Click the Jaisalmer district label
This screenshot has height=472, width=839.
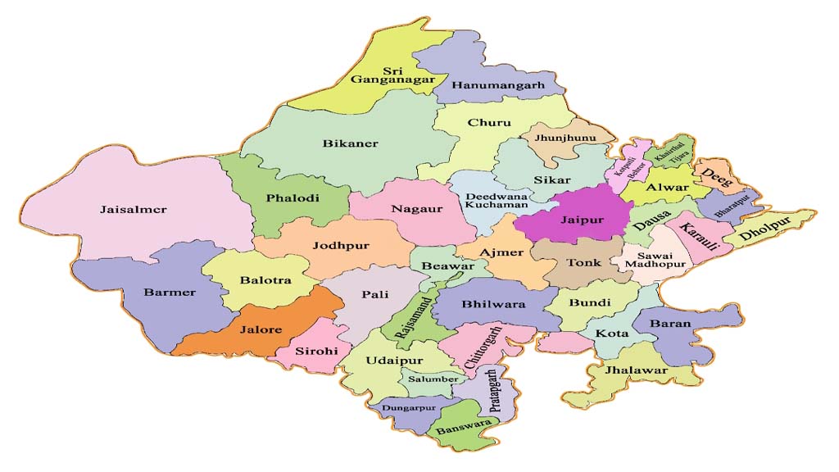[x=134, y=210]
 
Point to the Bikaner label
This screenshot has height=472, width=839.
[x=351, y=143]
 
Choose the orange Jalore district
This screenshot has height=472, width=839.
[x=262, y=329]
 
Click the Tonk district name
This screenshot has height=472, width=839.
[x=583, y=264]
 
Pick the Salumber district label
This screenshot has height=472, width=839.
[x=433, y=379]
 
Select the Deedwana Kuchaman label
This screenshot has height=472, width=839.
[x=492, y=202]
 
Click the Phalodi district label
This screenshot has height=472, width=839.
[x=292, y=197]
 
